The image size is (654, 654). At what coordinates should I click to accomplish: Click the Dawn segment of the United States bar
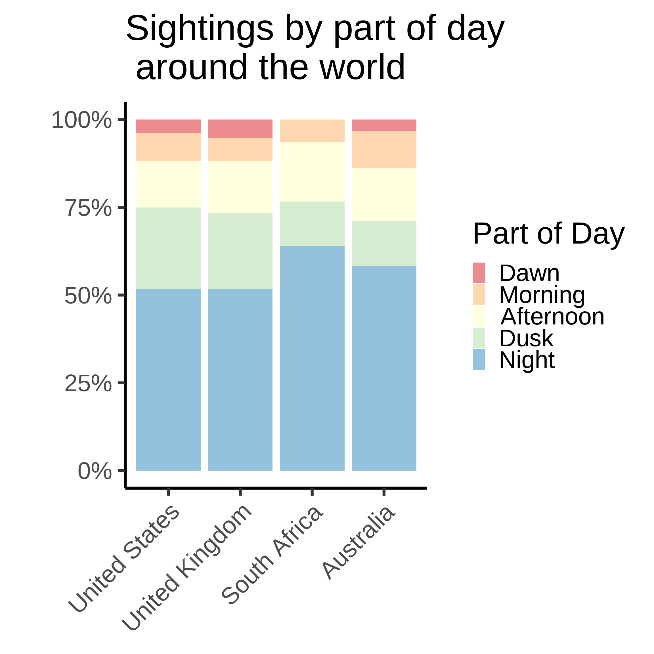click(168, 126)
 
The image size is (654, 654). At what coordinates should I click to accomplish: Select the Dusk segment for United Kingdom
click(240, 251)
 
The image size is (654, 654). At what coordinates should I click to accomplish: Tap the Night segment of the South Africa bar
click(312, 358)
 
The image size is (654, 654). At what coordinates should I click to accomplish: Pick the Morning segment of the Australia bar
click(384, 150)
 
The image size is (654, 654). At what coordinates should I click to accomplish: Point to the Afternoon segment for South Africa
click(312, 172)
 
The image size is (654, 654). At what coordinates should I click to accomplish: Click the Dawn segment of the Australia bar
click(384, 125)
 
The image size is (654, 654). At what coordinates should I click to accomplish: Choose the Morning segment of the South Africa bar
click(312, 131)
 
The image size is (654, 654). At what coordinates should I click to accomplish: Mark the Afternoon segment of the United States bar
click(168, 184)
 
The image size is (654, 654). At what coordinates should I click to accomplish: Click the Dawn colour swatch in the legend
click(479, 272)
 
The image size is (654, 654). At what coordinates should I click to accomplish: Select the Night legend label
click(527, 360)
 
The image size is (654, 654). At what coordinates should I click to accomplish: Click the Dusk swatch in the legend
click(479, 338)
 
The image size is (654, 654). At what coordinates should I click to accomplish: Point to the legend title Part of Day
click(548, 234)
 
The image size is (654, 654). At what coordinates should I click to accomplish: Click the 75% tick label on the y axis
click(88, 208)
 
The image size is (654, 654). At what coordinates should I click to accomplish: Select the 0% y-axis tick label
click(95, 471)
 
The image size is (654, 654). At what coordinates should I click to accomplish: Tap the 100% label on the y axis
click(81, 120)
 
